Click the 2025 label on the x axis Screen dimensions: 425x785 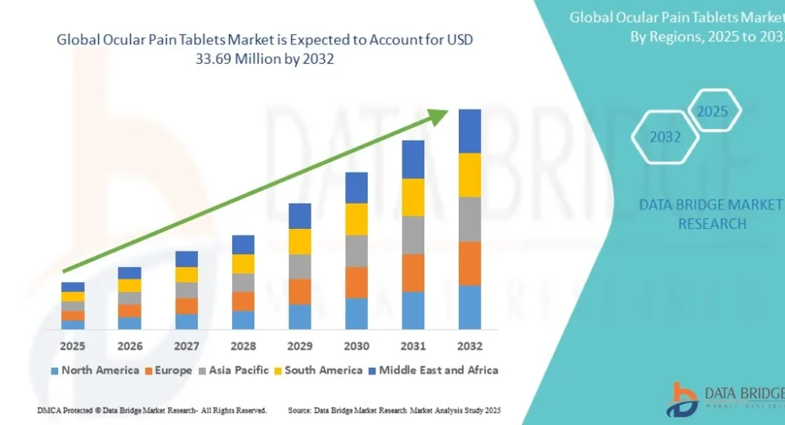[x=73, y=346]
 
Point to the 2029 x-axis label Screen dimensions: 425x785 [x=300, y=346]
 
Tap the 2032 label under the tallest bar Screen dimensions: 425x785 [x=469, y=346]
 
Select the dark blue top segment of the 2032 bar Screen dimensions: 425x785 [x=469, y=131]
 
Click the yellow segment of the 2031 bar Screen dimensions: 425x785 [x=413, y=197]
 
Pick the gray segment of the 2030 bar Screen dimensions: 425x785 [x=357, y=251]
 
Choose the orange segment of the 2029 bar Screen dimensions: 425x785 [x=300, y=292]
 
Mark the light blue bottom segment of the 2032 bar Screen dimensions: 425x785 [x=469, y=307]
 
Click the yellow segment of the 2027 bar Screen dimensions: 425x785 [x=186, y=275]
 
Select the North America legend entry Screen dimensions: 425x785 [x=95, y=370]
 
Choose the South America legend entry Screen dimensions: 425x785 [x=320, y=370]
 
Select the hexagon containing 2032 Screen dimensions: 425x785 [x=666, y=137]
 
